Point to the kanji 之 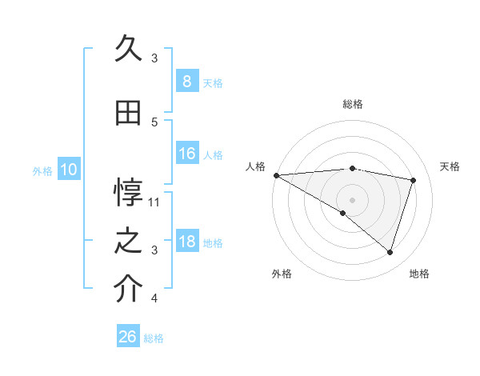tap(128, 241)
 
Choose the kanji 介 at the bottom tap(128, 290)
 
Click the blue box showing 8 tap(186, 82)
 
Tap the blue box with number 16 tap(186, 154)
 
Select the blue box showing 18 tap(186, 242)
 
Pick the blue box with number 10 tap(68, 170)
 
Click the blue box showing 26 tap(127, 337)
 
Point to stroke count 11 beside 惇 tap(154, 202)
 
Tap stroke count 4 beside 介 tap(154, 298)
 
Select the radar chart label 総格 tap(352, 104)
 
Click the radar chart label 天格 tap(450, 166)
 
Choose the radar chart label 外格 tap(282, 274)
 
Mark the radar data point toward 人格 tap(276, 174)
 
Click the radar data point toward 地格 tap(390, 252)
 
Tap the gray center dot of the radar tap(352, 198)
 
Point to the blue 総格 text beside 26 tap(154, 338)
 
